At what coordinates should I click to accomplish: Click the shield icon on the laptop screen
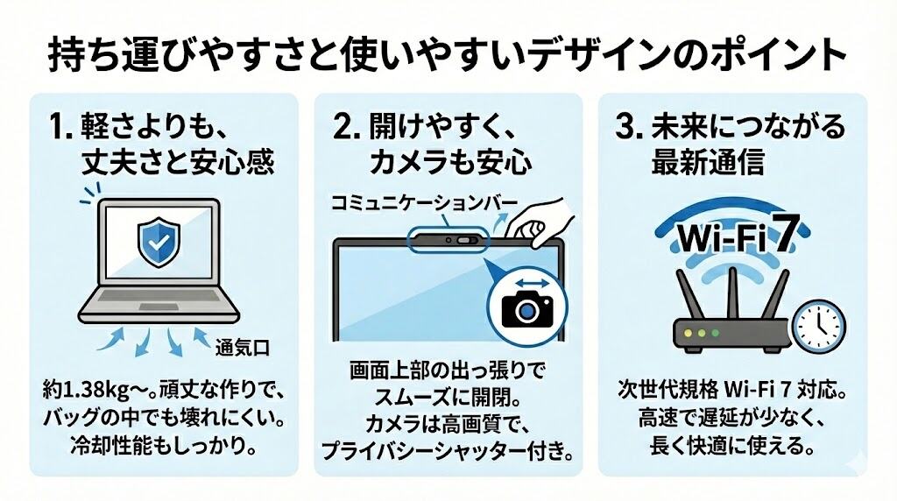(x=159, y=242)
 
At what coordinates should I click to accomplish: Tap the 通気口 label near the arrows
(x=242, y=348)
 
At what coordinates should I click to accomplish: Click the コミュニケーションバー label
(x=424, y=203)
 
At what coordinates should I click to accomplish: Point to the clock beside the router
(x=820, y=327)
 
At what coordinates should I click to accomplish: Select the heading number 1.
(x=61, y=127)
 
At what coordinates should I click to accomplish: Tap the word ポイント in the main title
(x=768, y=55)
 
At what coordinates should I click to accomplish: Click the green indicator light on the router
(x=715, y=333)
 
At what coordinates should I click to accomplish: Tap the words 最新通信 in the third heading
(x=708, y=162)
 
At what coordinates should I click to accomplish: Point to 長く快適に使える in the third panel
(x=731, y=446)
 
